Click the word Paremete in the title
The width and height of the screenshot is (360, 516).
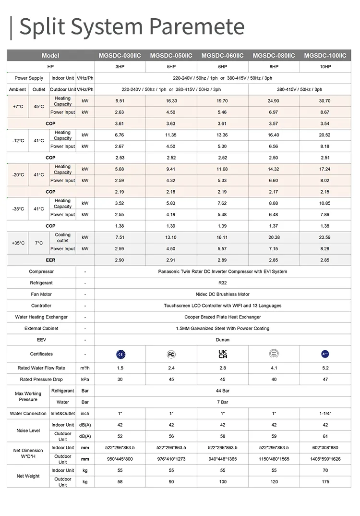click(x=197, y=27)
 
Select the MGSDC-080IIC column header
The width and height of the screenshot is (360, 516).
click(x=274, y=56)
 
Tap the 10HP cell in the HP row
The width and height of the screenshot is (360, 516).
click(x=325, y=67)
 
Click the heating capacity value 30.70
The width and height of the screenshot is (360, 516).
click(x=325, y=101)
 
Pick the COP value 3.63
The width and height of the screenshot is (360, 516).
click(x=171, y=123)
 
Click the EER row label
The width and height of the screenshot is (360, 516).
click(x=50, y=260)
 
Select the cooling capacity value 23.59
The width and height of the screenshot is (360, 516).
click(x=325, y=237)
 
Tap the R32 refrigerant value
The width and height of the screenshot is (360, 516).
click(x=222, y=283)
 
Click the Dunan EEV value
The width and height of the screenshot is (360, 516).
click(x=222, y=340)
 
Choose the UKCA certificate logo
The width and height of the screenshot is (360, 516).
click(x=223, y=354)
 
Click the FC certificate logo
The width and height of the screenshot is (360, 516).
click(x=171, y=355)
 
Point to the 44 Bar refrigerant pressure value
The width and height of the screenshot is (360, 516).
click(x=222, y=391)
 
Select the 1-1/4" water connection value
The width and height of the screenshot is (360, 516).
click(x=325, y=413)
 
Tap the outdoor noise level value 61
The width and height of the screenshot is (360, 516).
click(x=325, y=436)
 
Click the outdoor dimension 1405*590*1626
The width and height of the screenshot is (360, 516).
click(x=325, y=459)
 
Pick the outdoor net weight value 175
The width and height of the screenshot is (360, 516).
click(x=325, y=481)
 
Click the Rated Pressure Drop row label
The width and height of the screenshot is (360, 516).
click(x=41, y=380)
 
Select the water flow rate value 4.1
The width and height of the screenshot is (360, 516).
click(x=274, y=368)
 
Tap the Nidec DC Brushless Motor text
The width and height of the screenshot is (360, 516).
click(x=222, y=294)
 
